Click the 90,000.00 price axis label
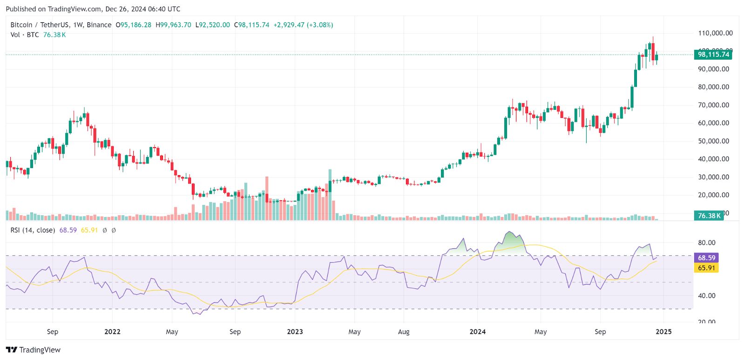pyautogui.click(x=713, y=69)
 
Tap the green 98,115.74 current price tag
pyautogui.click(x=713, y=54)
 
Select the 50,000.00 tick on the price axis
pyautogui.click(x=713, y=141)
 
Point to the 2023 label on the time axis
pyautogui.click(x=295, y=332)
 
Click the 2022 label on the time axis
pyautogui.click(x=112, y=332)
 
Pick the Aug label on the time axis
pyautogui.click(x=404, y=332)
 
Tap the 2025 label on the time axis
pyautogui.click(x=664, y=332)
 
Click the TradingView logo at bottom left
pyautogui.click(x=33, y=350)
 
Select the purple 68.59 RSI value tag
pyautogui.click(x=706, y=258)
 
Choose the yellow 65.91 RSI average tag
pyautogui.click(x=706, y=268)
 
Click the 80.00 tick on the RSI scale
pyautogui.click(x=707, y=243)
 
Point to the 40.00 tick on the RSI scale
pyautogui.click(x=707, y=296)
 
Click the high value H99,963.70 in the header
pyautogui.click(x=173, y=25)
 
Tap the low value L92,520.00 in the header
pyautogui.click(x=212, y=25)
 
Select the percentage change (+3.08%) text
pyautogui.click(x=320, y=25)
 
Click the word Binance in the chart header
pyautogui.click(x=99, y=25)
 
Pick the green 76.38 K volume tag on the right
pyautogui.click(x=709, y=216)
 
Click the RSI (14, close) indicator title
pyautogui.click(x=33, y=230)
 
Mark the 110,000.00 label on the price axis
pyautogui.click(x=715, y=33)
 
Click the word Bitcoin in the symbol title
pyautogui.click(x=21, y=25)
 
